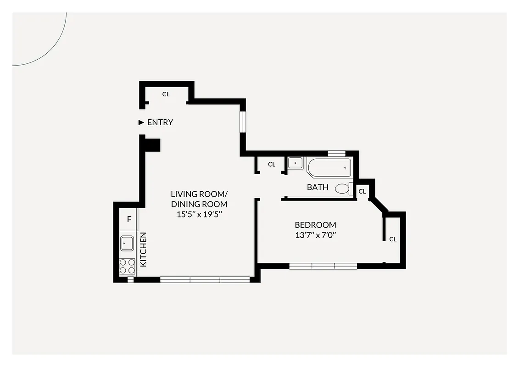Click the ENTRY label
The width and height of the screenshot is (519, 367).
(x=160, y=122)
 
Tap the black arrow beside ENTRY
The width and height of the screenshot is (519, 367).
(x=142, y=122)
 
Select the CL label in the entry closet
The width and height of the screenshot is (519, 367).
(x=166, y=94)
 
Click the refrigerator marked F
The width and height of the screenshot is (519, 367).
(x=129, y=219)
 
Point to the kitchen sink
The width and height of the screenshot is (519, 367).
(x=127, y=243)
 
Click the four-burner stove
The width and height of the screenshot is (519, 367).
(x=127, y=267)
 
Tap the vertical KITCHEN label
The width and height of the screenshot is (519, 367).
(x=143, y=250)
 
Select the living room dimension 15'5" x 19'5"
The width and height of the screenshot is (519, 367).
(x=199, y=214)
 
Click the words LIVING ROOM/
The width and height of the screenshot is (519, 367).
(x=199, y=194)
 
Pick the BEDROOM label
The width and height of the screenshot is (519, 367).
(x=315, y=225)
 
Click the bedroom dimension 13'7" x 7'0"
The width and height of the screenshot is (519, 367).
(x=315, y=236)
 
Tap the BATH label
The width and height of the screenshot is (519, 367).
(x=318, y=187)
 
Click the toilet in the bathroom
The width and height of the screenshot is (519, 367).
(x=343, y=188)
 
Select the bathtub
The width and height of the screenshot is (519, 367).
(x=329, y=168)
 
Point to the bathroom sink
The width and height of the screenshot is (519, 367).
(x=295, y=162)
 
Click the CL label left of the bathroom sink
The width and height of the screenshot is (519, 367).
(x=272, y=164)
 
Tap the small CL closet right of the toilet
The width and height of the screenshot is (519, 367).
(x=362, y=191)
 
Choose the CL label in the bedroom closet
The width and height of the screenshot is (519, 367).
(x=393, y=239)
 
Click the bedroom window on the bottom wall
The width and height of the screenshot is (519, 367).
(x=323, y=266)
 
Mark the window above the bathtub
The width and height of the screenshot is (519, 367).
(x=336, y=153)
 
